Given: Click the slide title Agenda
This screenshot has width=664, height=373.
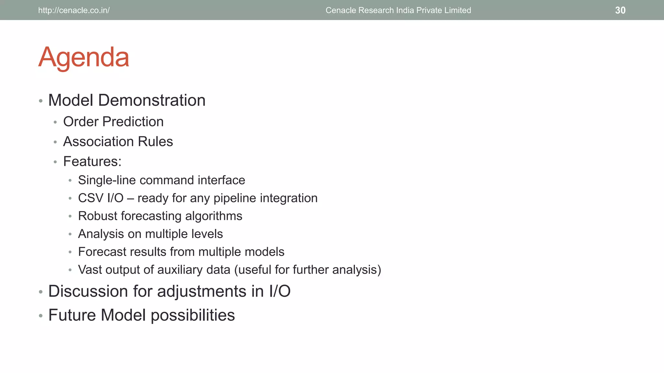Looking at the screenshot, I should click(84, 58).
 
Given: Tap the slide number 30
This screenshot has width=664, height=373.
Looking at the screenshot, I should click(620, 10).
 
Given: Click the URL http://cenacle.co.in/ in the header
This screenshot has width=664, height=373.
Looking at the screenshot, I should click(74, 10).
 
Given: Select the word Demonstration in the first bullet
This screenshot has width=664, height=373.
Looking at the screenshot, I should click(152, 100).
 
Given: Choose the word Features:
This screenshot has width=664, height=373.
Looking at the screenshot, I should click(92, 162).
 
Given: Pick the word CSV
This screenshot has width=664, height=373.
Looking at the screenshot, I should click(90, 198).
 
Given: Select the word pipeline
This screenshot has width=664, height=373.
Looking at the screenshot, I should click(235, 198).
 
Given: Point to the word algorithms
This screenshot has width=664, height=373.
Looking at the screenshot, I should click(214, 216).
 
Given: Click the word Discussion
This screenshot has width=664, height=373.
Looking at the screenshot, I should click(88, 291).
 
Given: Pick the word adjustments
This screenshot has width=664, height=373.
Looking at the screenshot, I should click(202, 291).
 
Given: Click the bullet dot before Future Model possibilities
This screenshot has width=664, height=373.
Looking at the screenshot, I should click(41, 315).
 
